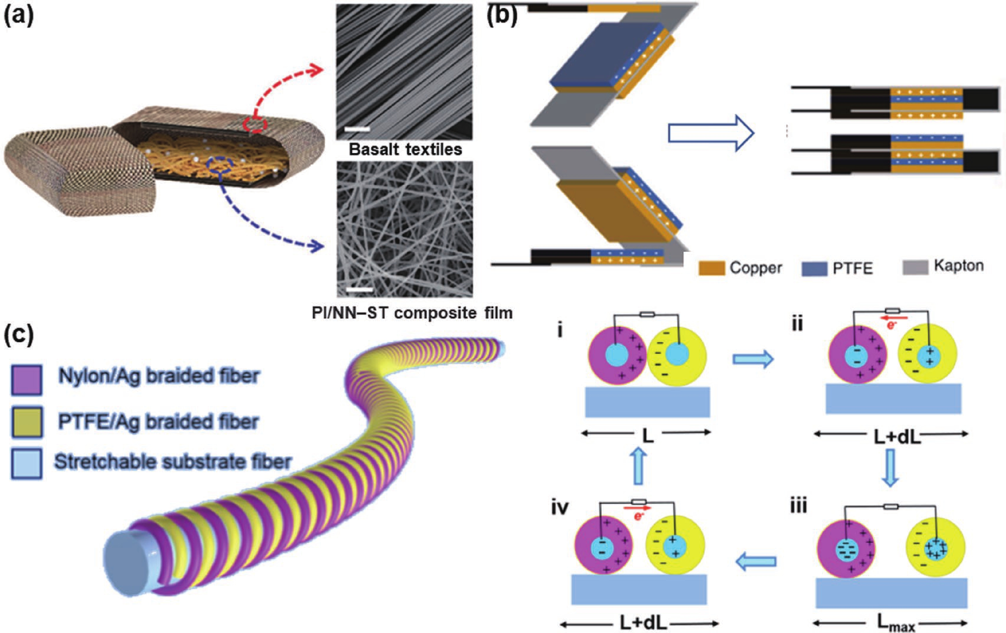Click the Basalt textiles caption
pos(405,149)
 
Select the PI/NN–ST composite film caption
pos(412,313)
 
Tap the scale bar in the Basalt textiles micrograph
pos(357,129)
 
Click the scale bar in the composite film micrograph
pos(360,289)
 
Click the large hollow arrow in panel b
pos(711,134)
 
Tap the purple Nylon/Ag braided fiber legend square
pos(26,380)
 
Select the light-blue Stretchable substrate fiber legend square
pos(26,463)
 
